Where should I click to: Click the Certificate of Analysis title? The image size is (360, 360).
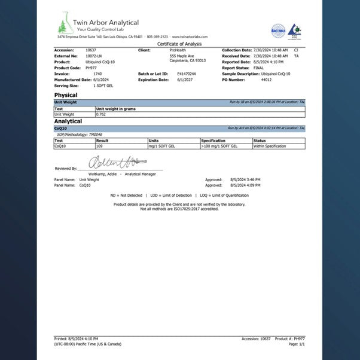click(x=179, y=44)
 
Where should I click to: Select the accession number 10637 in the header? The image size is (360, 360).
click(x=91, y=50)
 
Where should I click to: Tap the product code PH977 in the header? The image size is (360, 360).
click(x=91, y=68)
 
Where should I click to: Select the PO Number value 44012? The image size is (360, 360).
click(x=266, y=79)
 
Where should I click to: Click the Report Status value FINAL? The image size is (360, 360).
click(x=258, y=68)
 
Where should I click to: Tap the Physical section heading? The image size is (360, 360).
click(x=66, y=95)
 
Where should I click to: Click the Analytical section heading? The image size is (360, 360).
click(x=68, y=121)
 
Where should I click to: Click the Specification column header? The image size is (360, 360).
click(x=213, y=141)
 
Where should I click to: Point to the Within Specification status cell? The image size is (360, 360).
click(x=270, y=146)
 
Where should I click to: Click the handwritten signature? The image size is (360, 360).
click(x=114, y=161)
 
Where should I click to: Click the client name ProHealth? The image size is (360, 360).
click(x=178, y=50)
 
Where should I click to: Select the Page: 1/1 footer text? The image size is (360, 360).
click(x=297, y=344)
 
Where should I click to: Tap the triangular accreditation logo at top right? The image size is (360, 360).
click(x=294, y=30)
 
